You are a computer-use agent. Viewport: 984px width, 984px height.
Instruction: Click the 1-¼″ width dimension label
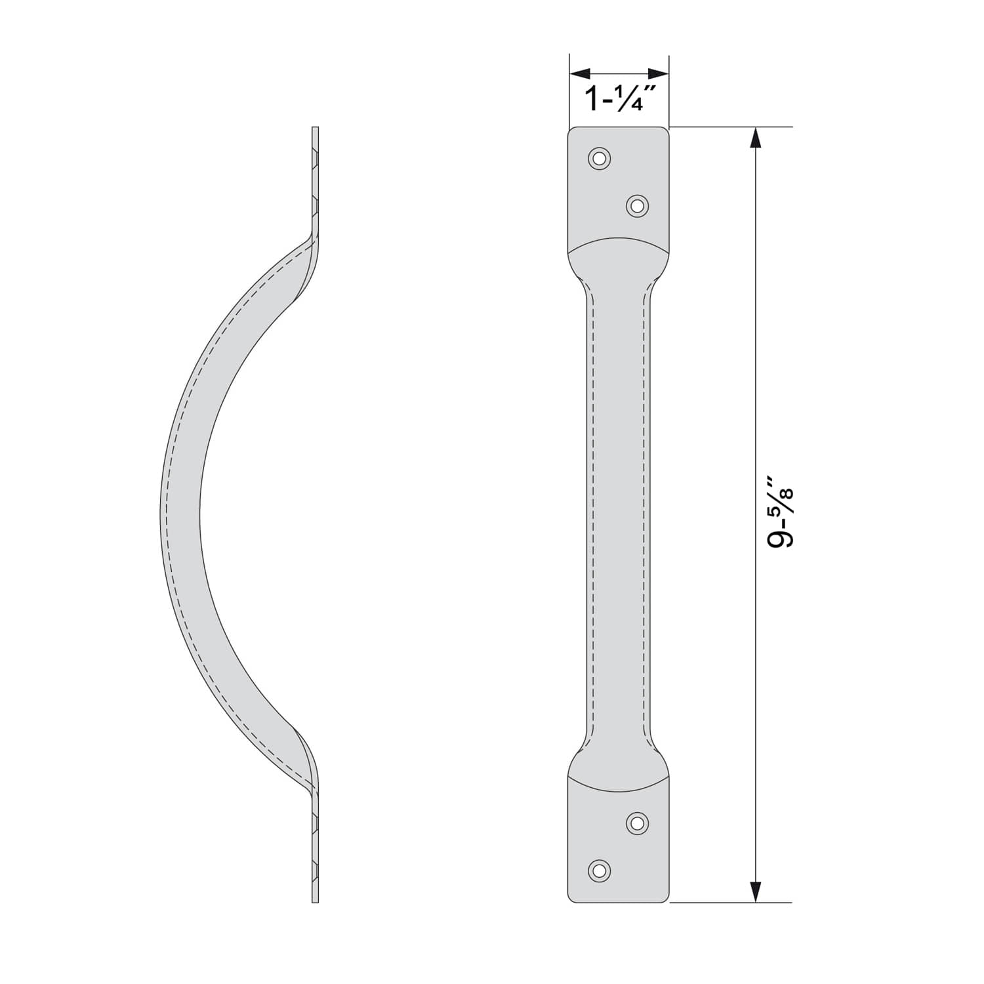tap(614, 98)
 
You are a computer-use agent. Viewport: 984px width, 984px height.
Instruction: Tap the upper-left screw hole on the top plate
tap(599, 158)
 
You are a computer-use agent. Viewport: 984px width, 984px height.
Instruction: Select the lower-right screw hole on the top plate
tap(637, 206)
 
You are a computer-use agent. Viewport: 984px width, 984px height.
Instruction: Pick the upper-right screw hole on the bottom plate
tap(637, 823)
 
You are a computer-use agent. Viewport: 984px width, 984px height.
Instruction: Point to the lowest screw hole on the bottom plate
tap(599, 871)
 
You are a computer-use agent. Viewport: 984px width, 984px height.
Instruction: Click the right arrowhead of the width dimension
tap(659, 73)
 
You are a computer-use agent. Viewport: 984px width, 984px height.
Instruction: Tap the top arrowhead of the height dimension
tap(756, 138)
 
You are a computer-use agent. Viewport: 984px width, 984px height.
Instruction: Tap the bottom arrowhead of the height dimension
tap(756, 891)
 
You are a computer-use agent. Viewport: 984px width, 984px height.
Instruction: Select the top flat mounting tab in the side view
tap(315, 177)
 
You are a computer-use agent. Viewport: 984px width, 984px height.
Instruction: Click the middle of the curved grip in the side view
tap(180, 512)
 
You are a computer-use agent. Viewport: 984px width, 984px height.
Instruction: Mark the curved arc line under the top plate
tap(618, 239)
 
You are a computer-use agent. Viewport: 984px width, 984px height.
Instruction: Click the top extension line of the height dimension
tap(728, 127)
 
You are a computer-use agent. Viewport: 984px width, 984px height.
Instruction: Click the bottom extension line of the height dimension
tap(728, 903)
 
